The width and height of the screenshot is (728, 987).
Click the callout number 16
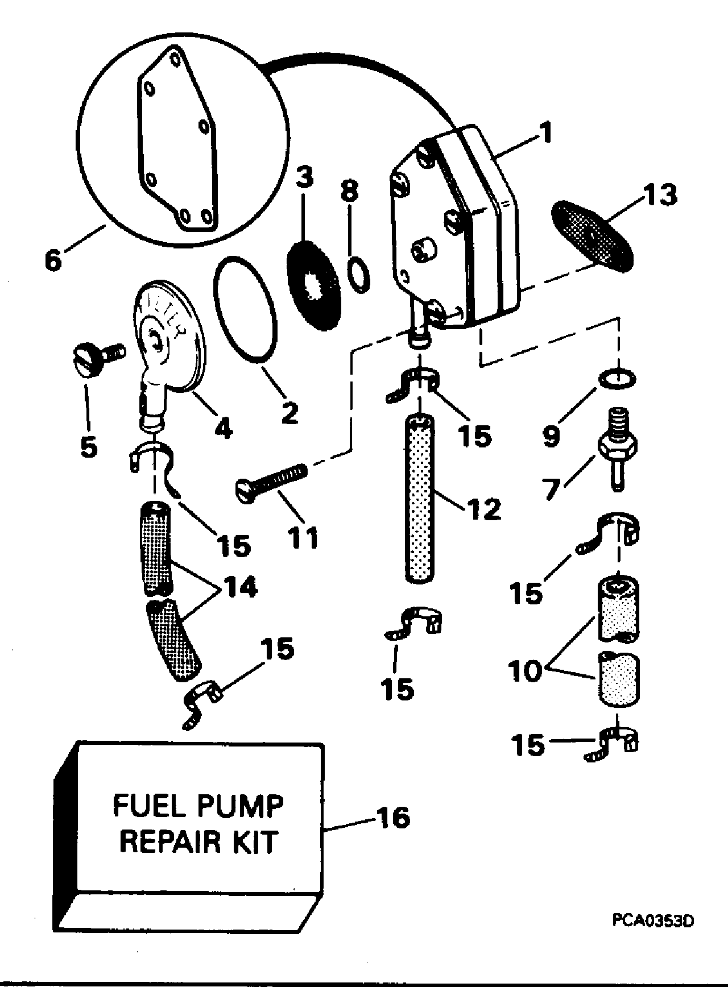click(393, 819)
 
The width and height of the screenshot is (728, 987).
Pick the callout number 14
click(239, 587)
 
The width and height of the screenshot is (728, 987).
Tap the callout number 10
click(527, 671)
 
